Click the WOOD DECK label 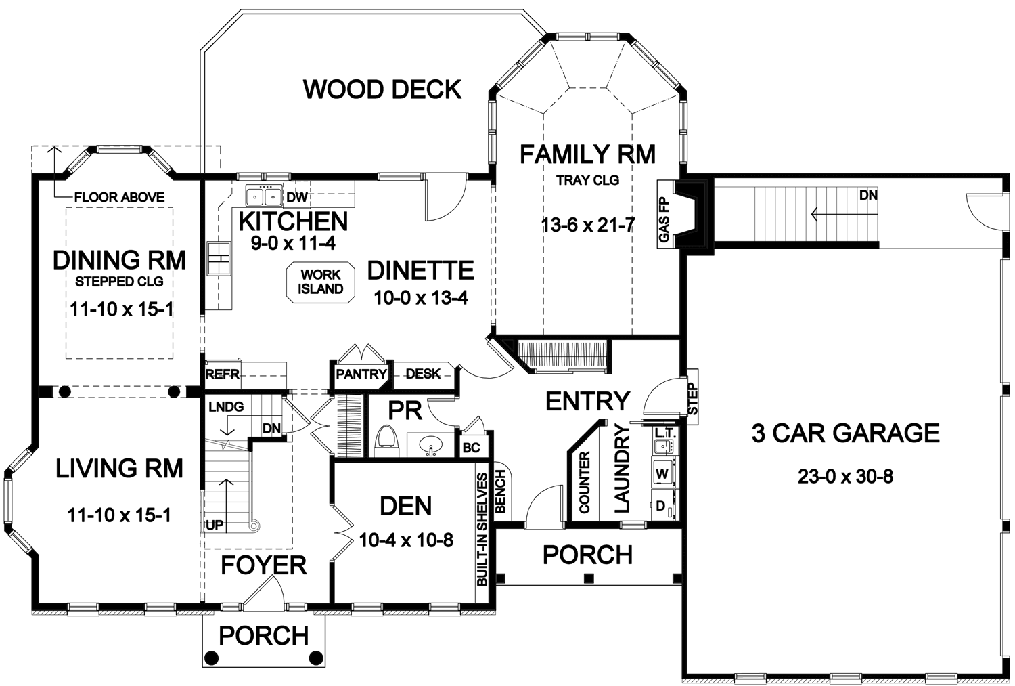[x=382, y=89]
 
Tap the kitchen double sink [x=263, y=196]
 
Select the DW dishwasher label [x=297, y=197]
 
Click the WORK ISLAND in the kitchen [x=320, y=282]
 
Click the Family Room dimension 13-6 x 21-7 [x=588, y=225]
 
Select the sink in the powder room [x=430, y=445]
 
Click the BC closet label [x=471, y=448]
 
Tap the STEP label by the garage [x=693, y=399]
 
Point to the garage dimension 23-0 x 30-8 [x=845, y=477]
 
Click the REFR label [x=222, y=374]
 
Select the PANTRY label [x=361, y=374]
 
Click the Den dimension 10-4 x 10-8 [x=406, y=540]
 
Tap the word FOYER [x=264, y=565]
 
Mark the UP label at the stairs [x=215, y=525]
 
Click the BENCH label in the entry [x=500, y=491]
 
